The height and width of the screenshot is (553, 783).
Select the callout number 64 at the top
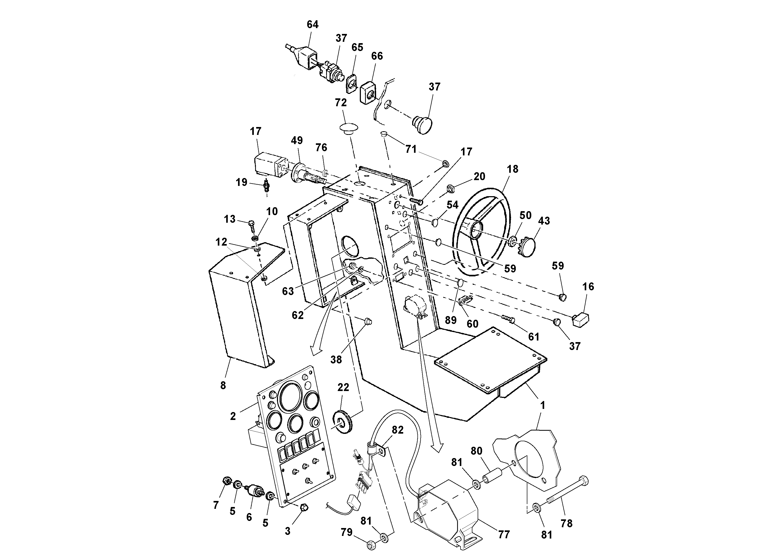(x=312, y=24)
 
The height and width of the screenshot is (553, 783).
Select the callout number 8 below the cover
(x=223, y=385)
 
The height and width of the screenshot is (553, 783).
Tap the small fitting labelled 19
(x=267, y=187)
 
